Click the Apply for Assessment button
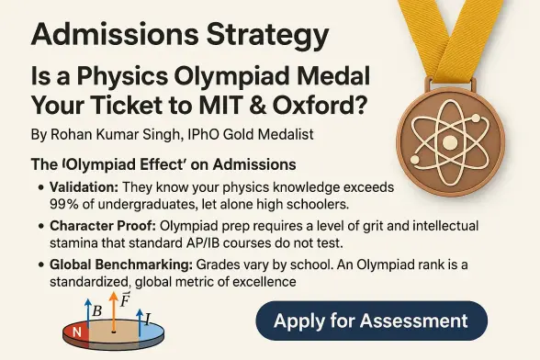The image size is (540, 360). coord(371,321)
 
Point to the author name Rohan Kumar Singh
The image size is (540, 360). coord(109,135)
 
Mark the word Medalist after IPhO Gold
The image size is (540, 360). coord(280,135)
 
